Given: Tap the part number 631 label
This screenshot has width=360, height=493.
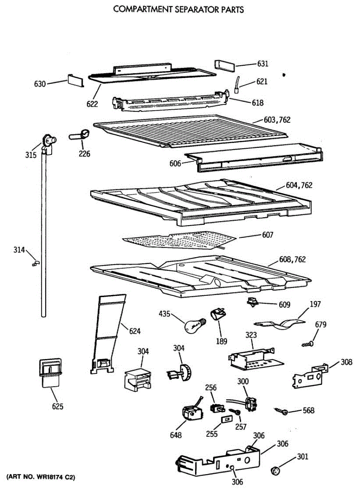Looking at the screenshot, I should pyautogui.click(x=263, y=64).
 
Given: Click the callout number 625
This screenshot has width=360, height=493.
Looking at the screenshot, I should pyautogui.click(x=58, y=407).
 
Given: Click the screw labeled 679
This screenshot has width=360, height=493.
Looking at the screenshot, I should pyautogui.click(x=308, y=343).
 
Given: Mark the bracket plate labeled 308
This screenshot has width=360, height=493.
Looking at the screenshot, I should pyautogui.click(x=310, y=375).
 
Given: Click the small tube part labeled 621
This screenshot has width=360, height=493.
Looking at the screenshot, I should pyautogui.click(x=237, y=85).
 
